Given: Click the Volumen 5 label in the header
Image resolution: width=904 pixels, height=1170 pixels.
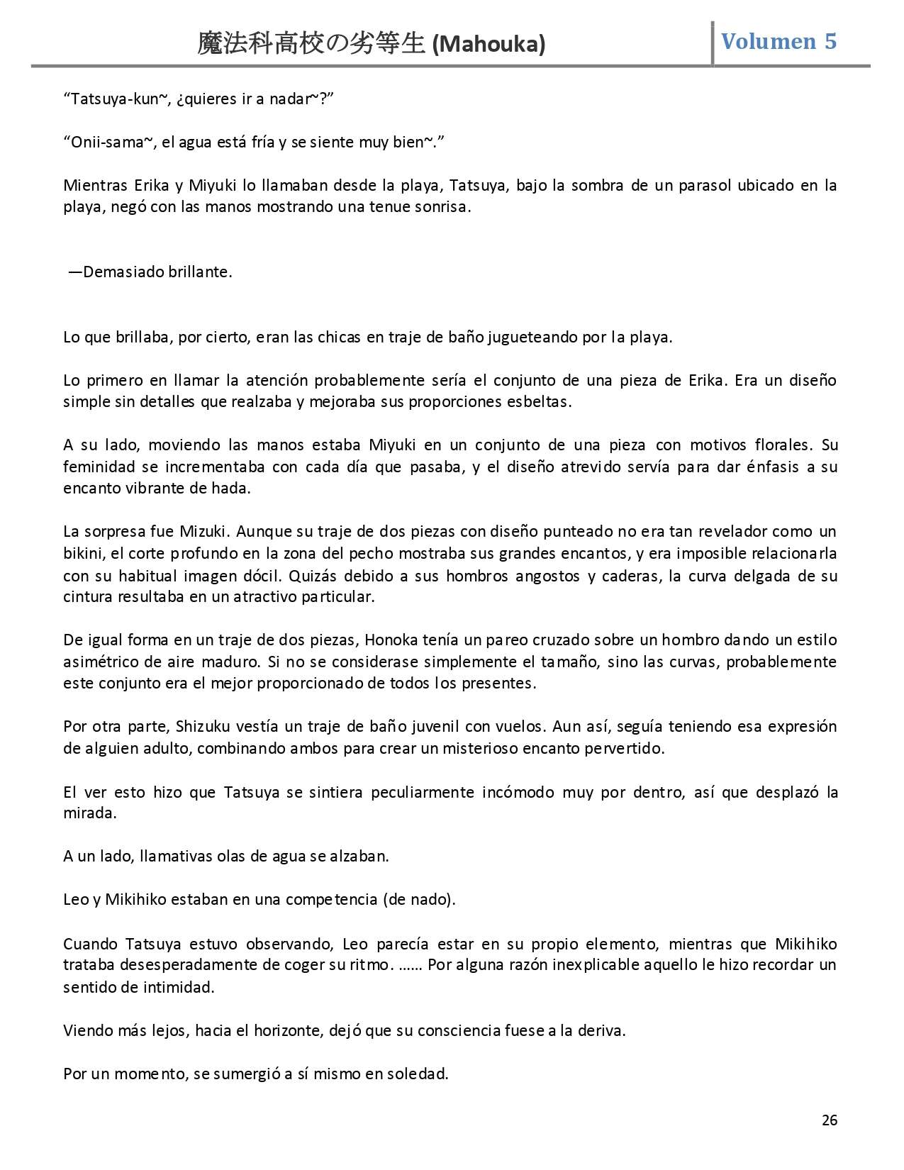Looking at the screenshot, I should [779, 41].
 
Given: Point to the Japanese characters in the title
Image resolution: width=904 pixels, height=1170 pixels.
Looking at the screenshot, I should [312, 45].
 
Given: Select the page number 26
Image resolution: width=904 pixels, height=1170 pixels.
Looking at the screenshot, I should [829, 1120].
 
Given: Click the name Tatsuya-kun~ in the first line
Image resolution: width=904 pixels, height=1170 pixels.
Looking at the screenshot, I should [117, 99].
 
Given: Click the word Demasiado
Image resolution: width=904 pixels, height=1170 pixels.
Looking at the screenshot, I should [124, 272].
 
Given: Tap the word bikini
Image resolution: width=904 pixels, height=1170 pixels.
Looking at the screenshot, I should [84, 554].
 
